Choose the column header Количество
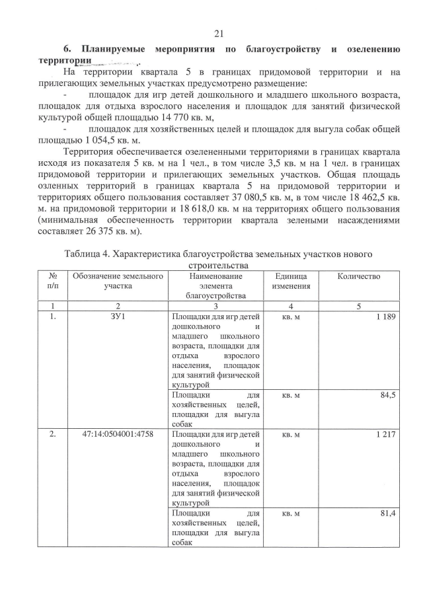point(357,276)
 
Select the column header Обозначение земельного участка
point(118,280)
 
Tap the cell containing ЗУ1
point(118,318)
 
